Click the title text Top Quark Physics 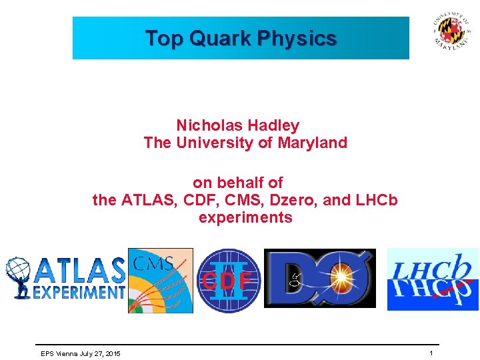pyautogui.click(x=241, y=39)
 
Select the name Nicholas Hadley pyautogui.click(x=237, y=125)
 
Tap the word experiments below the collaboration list pyautogui.click(x=245, y=217)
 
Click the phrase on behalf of pyautogui.click(x=237, y=183)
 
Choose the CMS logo pyautogui.click(x=160, y=280)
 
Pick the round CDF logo pyautogui.click(x=228, y=281)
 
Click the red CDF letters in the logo pyautogui.click(x=227, y=281)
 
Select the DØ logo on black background pyautogui.click(x=320, y=279)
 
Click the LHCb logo pyautogui.click(x=433, y=279)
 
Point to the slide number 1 pyautogui.click(x=431, y=353)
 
